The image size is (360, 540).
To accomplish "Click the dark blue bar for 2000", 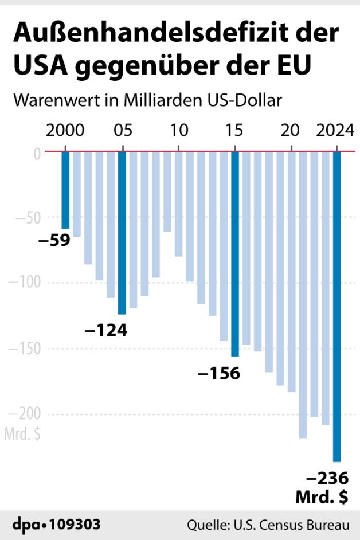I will (x=65, y=190).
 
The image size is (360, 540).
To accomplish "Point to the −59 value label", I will (x=54, y=240).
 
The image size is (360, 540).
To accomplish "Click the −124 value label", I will (x=105, y=330).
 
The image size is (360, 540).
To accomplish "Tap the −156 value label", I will (x=219, y=373).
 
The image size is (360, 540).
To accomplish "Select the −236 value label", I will (x=328, y=478).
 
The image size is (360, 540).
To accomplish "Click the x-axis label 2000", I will (x=65, y=131).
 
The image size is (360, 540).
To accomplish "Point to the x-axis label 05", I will (x=122, y=131).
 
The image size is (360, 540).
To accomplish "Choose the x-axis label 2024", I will (x=335, y=131).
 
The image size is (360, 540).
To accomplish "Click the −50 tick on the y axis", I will (x=27, y=218).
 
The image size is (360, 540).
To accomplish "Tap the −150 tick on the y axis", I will (x=24, y=349).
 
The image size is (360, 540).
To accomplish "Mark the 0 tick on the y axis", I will (x=37, y=152).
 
